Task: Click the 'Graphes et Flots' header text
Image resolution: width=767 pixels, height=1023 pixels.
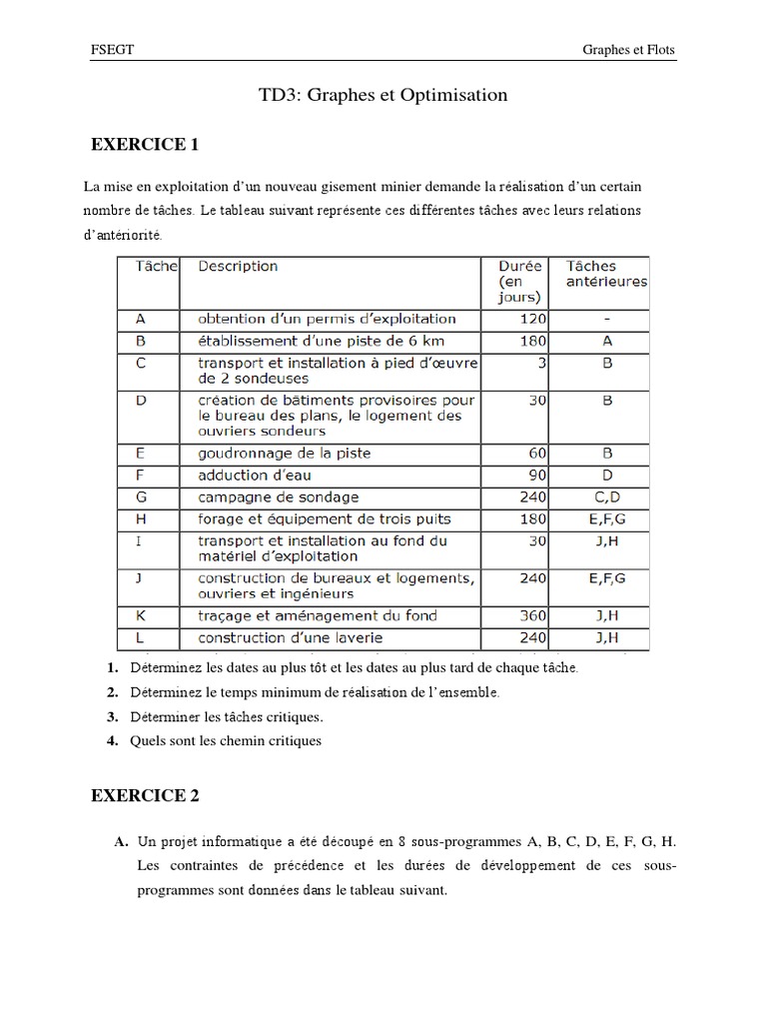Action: click(x=629, y=50)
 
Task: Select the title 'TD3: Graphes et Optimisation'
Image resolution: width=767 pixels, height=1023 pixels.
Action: click(x=383, y=96)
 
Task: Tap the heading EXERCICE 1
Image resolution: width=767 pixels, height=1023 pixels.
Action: click(x=145, y=145)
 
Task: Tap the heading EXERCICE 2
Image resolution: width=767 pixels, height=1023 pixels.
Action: click(x=145, y=795)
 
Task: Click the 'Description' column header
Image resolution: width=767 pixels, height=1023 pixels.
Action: click(x=238, y=267)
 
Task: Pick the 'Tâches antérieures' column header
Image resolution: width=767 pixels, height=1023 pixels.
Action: click(x=606, y=274)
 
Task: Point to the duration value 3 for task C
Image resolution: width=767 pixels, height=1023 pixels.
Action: click(x=539, y=364)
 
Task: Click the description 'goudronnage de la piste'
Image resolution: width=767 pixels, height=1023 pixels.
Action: click(x=284, y=454)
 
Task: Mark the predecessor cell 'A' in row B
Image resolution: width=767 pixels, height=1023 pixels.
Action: click(x=606, y=342)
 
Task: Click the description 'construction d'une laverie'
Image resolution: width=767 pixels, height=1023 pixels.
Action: click(x=290, y=637)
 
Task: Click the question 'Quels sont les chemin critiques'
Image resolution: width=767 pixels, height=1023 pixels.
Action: click(x=225, y=740)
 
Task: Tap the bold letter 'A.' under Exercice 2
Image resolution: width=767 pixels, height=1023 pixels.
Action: click(x=121, y=842)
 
